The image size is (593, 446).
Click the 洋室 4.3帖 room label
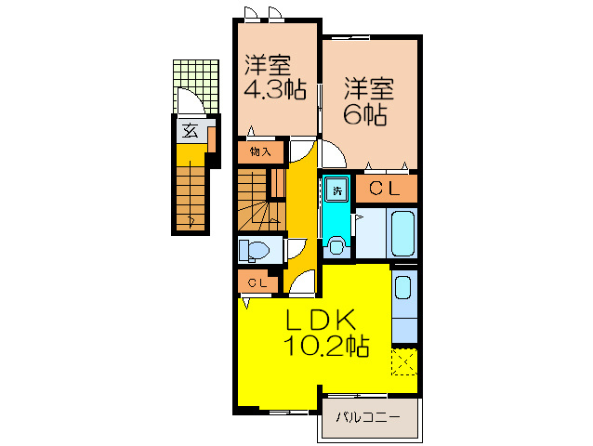274,77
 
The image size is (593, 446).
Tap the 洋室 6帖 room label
369,101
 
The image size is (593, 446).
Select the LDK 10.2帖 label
326,333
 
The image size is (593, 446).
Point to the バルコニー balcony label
368,417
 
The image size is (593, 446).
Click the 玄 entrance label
190,131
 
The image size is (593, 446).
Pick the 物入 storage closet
260,152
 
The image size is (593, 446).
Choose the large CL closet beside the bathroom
386,189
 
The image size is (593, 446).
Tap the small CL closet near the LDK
257,282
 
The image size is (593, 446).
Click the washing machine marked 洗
337,190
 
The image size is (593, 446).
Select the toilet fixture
254,250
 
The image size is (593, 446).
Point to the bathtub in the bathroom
403,234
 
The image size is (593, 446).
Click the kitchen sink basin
402,288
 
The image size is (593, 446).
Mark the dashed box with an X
404,361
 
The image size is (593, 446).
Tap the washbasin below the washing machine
336,246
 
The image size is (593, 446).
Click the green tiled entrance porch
196,86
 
